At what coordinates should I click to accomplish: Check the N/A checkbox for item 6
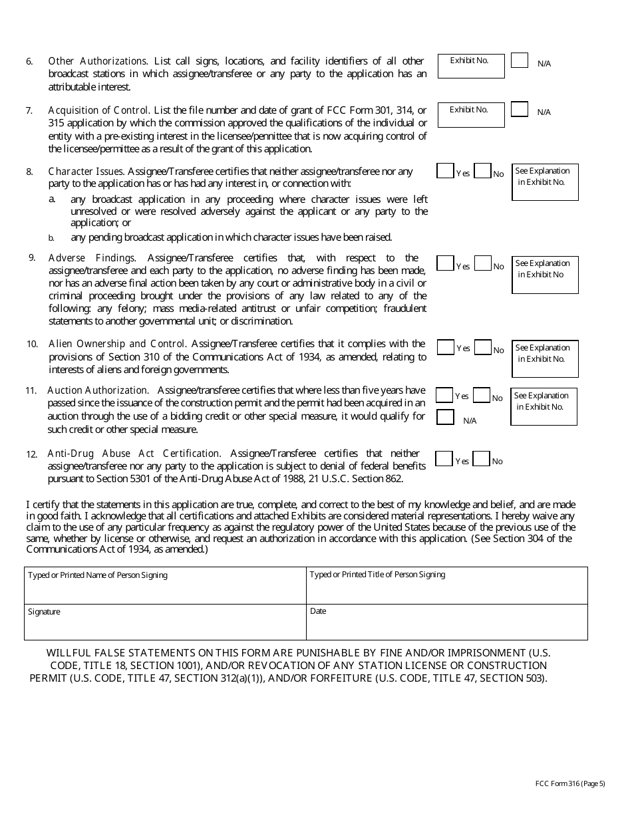pos(520,61)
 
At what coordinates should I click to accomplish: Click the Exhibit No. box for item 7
pos(470,115)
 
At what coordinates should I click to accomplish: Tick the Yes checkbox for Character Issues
pos(444,171)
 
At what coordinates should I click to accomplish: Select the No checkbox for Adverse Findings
pos(483,264)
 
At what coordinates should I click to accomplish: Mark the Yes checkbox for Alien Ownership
pos(445,347)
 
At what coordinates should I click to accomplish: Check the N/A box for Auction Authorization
pos(444,417)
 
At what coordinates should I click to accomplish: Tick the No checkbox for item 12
pos(482,459)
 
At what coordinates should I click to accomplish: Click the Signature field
pos(165,622)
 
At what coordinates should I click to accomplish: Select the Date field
pos(446,622)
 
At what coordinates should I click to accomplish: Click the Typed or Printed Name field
pos(165,585)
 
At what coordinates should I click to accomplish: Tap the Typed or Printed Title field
pos(446,585)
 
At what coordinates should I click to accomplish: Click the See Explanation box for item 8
pos(545,182)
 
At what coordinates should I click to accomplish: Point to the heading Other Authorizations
pos(97,61)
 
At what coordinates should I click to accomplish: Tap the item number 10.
pos(32,344)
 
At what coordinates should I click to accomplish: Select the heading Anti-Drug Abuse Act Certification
pos(133,454)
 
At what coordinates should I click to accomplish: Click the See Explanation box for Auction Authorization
pos(544,406)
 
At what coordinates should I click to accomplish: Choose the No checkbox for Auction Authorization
pos(482,395)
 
